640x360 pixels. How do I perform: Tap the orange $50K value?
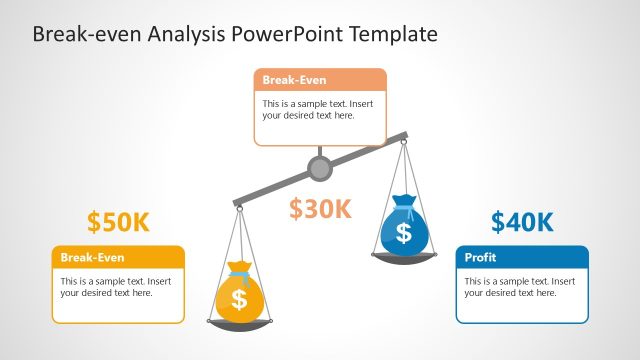[x=118, y=222]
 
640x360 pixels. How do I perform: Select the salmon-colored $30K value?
[x=320, y=209]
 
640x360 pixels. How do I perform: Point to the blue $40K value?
[x=522, y=222]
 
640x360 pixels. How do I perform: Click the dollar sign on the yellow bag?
[x=238, y=299]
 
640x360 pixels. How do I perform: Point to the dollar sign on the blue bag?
[x=403, y=233]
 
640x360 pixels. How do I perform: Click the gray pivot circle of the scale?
[x=320, y=168]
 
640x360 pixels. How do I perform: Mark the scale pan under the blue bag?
[x=403, y=257]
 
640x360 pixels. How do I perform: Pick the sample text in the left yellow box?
[x=115, y=287]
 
